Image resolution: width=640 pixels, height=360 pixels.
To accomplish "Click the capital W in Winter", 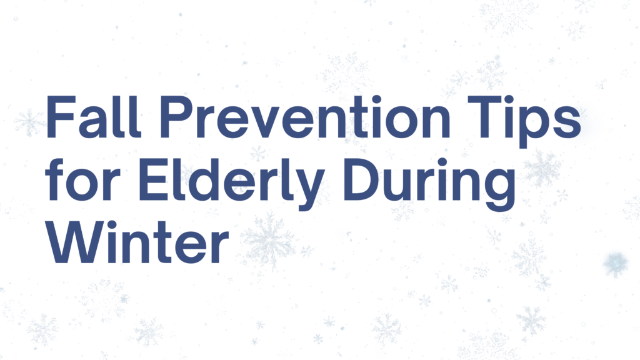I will coord(73,241).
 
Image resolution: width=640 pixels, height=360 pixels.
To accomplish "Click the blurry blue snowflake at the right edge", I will coord(616,264).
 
